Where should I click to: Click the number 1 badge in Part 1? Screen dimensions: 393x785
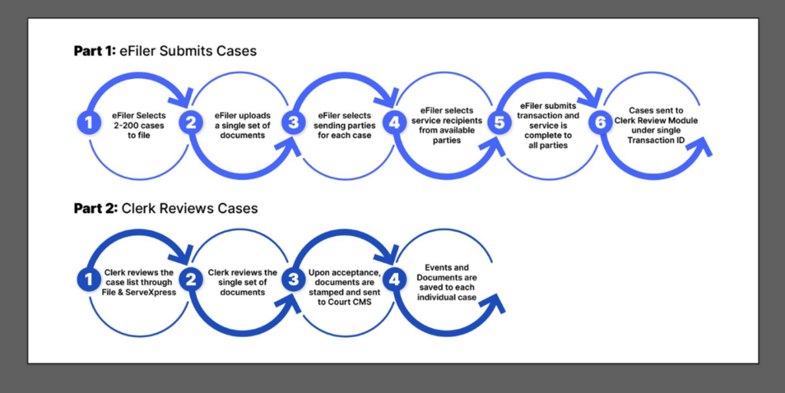pyautogui.click(x=89, y=123)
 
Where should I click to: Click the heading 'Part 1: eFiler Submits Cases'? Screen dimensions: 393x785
pyautogui.click(x=165, y=51)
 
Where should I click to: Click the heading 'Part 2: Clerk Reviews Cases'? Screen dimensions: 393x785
pyautogui.click(x=166, y=208)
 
